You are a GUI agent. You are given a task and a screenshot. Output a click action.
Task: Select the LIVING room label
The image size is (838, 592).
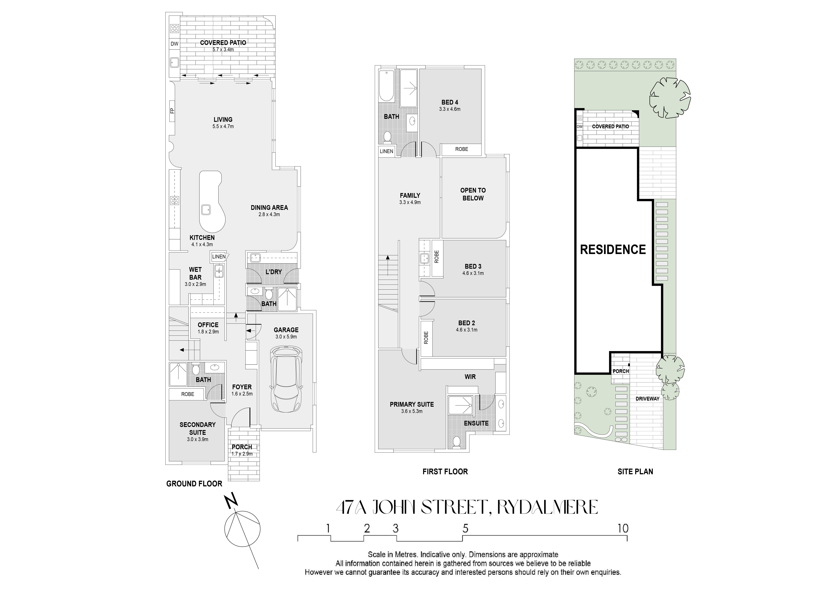[223, 120]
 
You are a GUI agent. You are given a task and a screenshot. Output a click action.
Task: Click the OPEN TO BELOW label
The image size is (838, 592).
[473, 194]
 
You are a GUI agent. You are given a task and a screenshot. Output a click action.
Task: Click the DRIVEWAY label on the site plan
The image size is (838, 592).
[647, 399]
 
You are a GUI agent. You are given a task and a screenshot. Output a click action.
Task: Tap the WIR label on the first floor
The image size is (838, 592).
[470, 377]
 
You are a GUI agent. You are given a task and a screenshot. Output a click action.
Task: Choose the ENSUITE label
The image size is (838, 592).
[476, 423]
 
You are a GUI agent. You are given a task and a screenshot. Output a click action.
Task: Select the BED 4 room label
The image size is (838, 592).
[450, 102]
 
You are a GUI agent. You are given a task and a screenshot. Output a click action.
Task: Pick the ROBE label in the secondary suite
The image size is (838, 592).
[188, 394]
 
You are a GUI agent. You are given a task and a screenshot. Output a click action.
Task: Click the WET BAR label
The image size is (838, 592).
[195, 274]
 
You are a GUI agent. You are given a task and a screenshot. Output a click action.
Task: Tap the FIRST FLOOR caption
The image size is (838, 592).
[445, 472]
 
